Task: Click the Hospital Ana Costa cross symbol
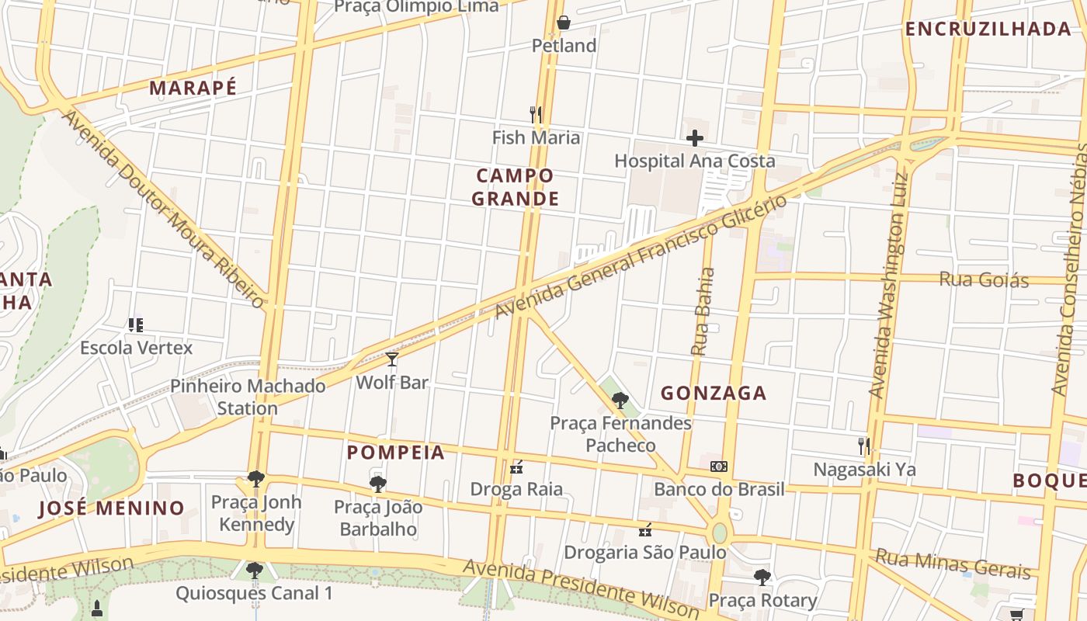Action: pyautogui.click(x=695, y=138)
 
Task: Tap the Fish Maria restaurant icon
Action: pyautogui.click(x=535, y=115)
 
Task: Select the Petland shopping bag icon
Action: pyautogui.click(x=564, y=23)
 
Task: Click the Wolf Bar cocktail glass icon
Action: pyautogui.click(x=392, y=359)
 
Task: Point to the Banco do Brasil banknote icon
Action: pyautogui.click(x=719, y=467)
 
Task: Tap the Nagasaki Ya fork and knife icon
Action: pyautogui.click(x=864, y=446)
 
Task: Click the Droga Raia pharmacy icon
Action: pyautogui.click(x=516, y=467)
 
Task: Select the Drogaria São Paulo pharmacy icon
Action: pyautogui.click(x=644, y=530)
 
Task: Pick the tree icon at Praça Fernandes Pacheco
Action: pyautogui.click(x=620, y=401)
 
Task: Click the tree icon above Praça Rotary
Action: pyautogui.click(x=762, y=577)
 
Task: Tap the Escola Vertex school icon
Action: pyautogui.click(x=136, y=324)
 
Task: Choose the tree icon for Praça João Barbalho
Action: pyautogui.click(x=378, y=484)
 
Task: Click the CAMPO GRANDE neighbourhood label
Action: pyautogui.click(x=516, y=187)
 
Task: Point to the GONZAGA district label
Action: pyautogui.click(x=714, y=394)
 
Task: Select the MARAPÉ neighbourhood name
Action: pyautogui.click(x=193, y=88)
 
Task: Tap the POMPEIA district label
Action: pyautogui.click(x=396, y=453)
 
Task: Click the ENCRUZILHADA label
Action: pyautogui.click(x=988, y=29)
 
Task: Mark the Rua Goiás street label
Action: pyautogui.click(x=984, y=279)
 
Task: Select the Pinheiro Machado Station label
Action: pyautogui.click(x=248, y=397)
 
